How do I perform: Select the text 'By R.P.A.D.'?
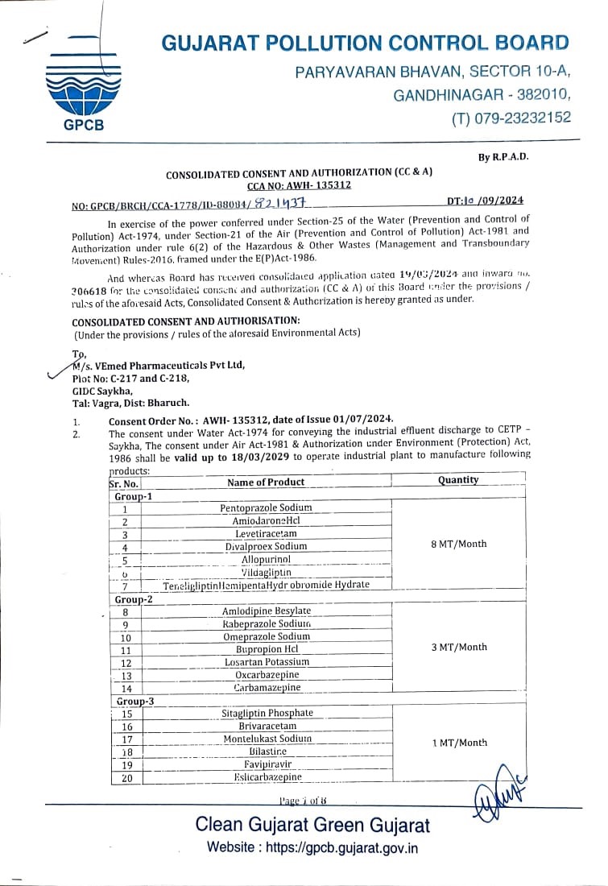(x=503, y=156)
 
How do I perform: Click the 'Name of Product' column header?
(x=266, y=482)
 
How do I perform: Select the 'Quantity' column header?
(x=458, y=480)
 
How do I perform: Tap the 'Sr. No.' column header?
(x=123, y=484)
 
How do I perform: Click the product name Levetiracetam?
(x=266, y=534)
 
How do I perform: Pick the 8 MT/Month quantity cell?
(x=459, y=544)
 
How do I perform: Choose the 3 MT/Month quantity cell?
(x=459, y=647)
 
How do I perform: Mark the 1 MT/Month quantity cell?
(x=459, y=743)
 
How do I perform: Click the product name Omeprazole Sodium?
(x=266, y=636)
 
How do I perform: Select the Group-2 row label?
(x=134, y=600)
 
